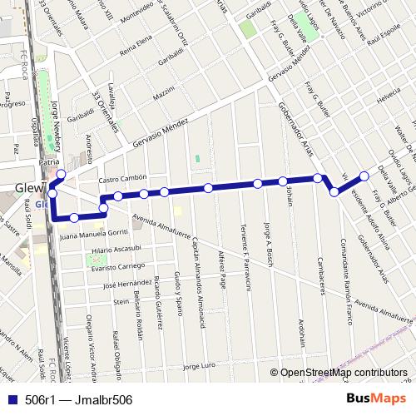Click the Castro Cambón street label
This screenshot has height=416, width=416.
122,179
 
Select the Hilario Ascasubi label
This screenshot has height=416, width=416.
117,250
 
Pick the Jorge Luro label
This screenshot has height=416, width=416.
201,366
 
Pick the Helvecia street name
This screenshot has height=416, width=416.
389,99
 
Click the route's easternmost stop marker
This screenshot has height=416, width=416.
364,175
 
